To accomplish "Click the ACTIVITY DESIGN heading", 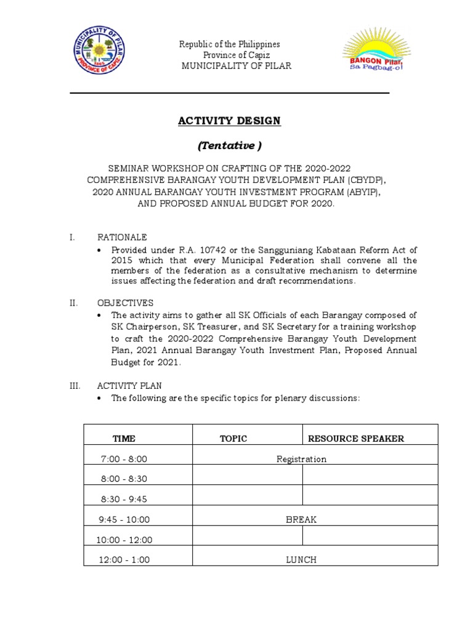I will (x=229, y=121).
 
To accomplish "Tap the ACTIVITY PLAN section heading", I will (x=129, y=386).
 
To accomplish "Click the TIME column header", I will (x=124, y=439).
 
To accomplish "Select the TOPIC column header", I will (x=233, y=439).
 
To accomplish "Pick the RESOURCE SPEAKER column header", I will (x=356, y=439).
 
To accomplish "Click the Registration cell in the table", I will (x=301, y=459).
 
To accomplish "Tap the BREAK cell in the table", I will (x=301, y=519).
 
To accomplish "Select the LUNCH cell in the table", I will (x=301, y=560).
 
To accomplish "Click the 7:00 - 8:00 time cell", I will (x=124, y=459).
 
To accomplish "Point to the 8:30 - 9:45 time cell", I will (x=124, y=499).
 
